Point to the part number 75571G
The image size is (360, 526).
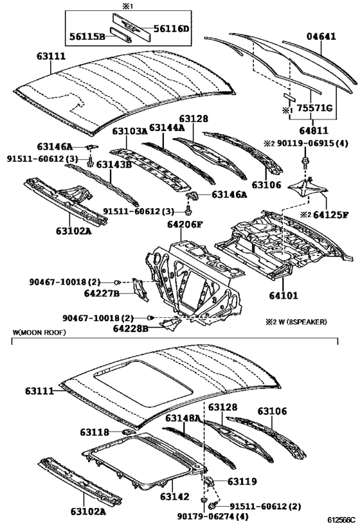point(314,108)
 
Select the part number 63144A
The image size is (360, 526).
point(166,128)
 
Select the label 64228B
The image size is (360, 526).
point(130,329)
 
